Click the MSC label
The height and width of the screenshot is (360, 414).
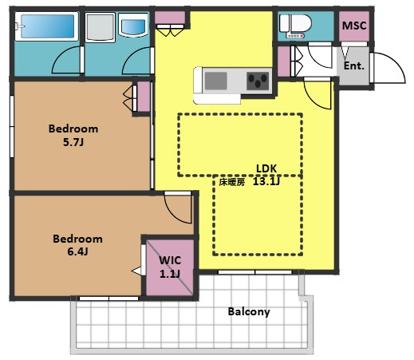click(354, 26)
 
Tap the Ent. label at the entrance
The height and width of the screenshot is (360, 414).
click(354, 65)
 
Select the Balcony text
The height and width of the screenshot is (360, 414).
click(249, 312)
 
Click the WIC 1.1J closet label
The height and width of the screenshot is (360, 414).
click(170, 267)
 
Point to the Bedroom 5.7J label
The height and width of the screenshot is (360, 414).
click(73, 135)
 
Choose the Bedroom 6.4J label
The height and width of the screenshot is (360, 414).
click(77, 245)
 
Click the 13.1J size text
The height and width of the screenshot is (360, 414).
click(266, 181)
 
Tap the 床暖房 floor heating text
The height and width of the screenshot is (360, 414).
click(232, 182)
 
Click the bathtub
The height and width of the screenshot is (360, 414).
click(47, 26)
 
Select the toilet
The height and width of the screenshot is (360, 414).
click(296, 26)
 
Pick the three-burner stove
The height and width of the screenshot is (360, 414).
click(258, 81)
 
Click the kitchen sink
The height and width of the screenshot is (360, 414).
click(216, 81)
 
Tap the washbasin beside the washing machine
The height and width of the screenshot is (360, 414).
click(133, 26)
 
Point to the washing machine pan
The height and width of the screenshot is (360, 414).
click(101, 28)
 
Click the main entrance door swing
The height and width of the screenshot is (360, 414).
click(388, 68)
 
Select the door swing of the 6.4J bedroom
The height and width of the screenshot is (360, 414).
click(178, 207)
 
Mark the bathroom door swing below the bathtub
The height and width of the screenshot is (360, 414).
click(68, 60)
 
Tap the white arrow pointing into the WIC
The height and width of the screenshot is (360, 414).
click(136, 271)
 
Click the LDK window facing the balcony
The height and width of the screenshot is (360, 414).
click(255, 272)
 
